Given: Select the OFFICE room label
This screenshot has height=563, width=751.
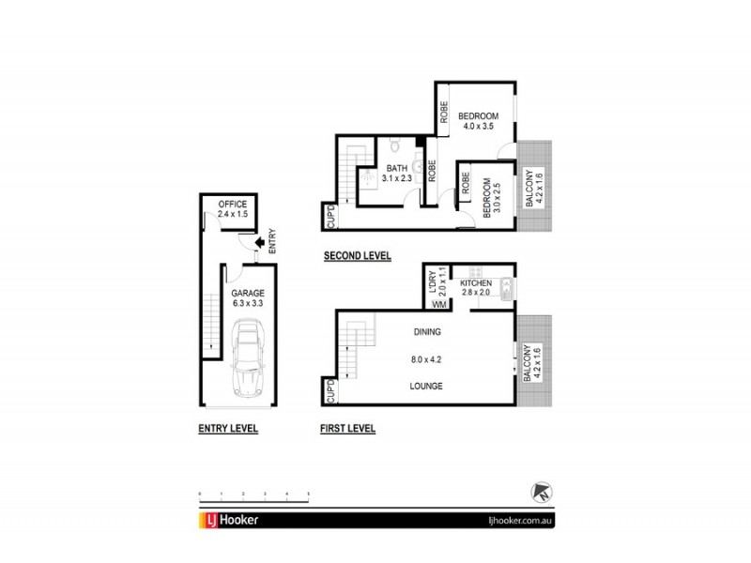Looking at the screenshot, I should tap(232, 204).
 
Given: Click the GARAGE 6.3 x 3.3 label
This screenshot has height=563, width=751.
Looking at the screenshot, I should tap(249, 297).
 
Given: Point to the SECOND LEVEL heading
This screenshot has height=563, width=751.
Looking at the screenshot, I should tap(357, 256).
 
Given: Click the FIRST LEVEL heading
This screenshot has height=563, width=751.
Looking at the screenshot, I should tap(347, 428).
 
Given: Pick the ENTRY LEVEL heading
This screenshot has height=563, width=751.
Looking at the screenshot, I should tap(228, 428).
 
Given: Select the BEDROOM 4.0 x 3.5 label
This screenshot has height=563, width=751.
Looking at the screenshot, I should tap(479, 122).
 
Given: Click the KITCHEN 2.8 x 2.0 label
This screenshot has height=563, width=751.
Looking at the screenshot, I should tap(477, 287).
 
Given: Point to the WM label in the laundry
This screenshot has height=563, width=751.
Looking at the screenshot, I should tap(437, 303).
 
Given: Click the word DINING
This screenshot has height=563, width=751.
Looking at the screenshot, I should tap(426, 332).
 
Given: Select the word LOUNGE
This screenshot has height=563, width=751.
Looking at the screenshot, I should tap(426, 386).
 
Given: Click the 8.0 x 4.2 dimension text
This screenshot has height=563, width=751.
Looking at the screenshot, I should tap(426, 358).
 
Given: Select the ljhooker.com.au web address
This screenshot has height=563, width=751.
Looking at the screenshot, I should tap(524, 521).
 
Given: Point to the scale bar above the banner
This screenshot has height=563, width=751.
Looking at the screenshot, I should tap(254, 495).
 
